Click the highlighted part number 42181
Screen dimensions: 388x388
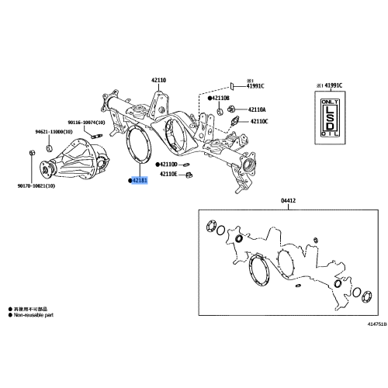[140, 181]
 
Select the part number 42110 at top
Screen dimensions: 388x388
[158, 80]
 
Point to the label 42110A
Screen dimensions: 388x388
[258, 110]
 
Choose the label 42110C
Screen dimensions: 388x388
[258, 122]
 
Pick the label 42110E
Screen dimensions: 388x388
[170, 175]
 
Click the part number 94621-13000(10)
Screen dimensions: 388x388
[52, 132]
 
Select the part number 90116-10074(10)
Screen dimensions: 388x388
[91, 123]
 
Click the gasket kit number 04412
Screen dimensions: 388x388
[288, 201]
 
